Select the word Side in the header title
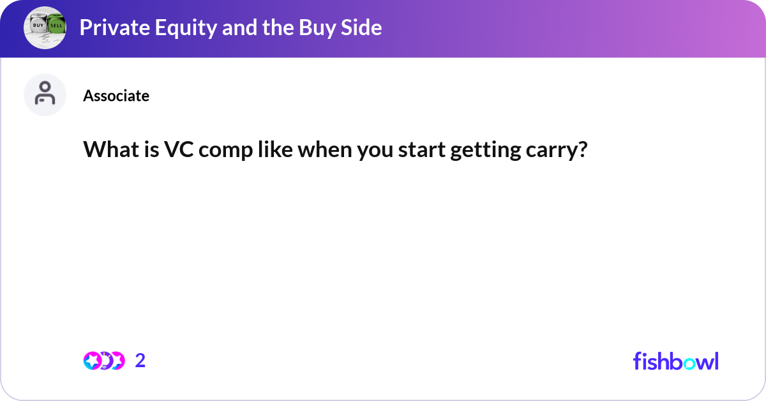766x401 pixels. [363, 27]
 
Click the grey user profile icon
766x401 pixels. [45, 95]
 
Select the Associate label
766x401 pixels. [116, 96]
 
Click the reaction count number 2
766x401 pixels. [140, 361]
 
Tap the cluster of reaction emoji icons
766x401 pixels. [103, 361]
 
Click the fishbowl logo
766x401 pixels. [675, 361]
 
